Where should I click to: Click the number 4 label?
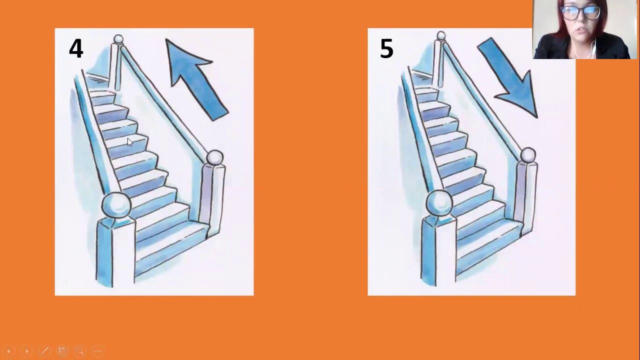(76, 48)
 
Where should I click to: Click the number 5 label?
(386, 48)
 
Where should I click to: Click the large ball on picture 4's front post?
(116, 205)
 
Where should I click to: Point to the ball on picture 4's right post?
(214, 157)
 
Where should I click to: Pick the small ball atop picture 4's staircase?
(118, 39)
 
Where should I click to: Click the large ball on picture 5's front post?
(439, 203)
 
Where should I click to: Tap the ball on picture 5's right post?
(528, 155)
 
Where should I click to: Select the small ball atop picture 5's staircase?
(441, 35)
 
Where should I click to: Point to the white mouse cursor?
(130, 142)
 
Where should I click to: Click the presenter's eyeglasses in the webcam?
(580, 12)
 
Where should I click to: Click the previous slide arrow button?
(9, 351)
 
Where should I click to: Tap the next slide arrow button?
(26, 351)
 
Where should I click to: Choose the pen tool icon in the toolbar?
(44, 351)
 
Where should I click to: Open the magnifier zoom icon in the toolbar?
(80, 351)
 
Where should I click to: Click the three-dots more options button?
(98, 351)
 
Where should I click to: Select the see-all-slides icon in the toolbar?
(62, 351)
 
